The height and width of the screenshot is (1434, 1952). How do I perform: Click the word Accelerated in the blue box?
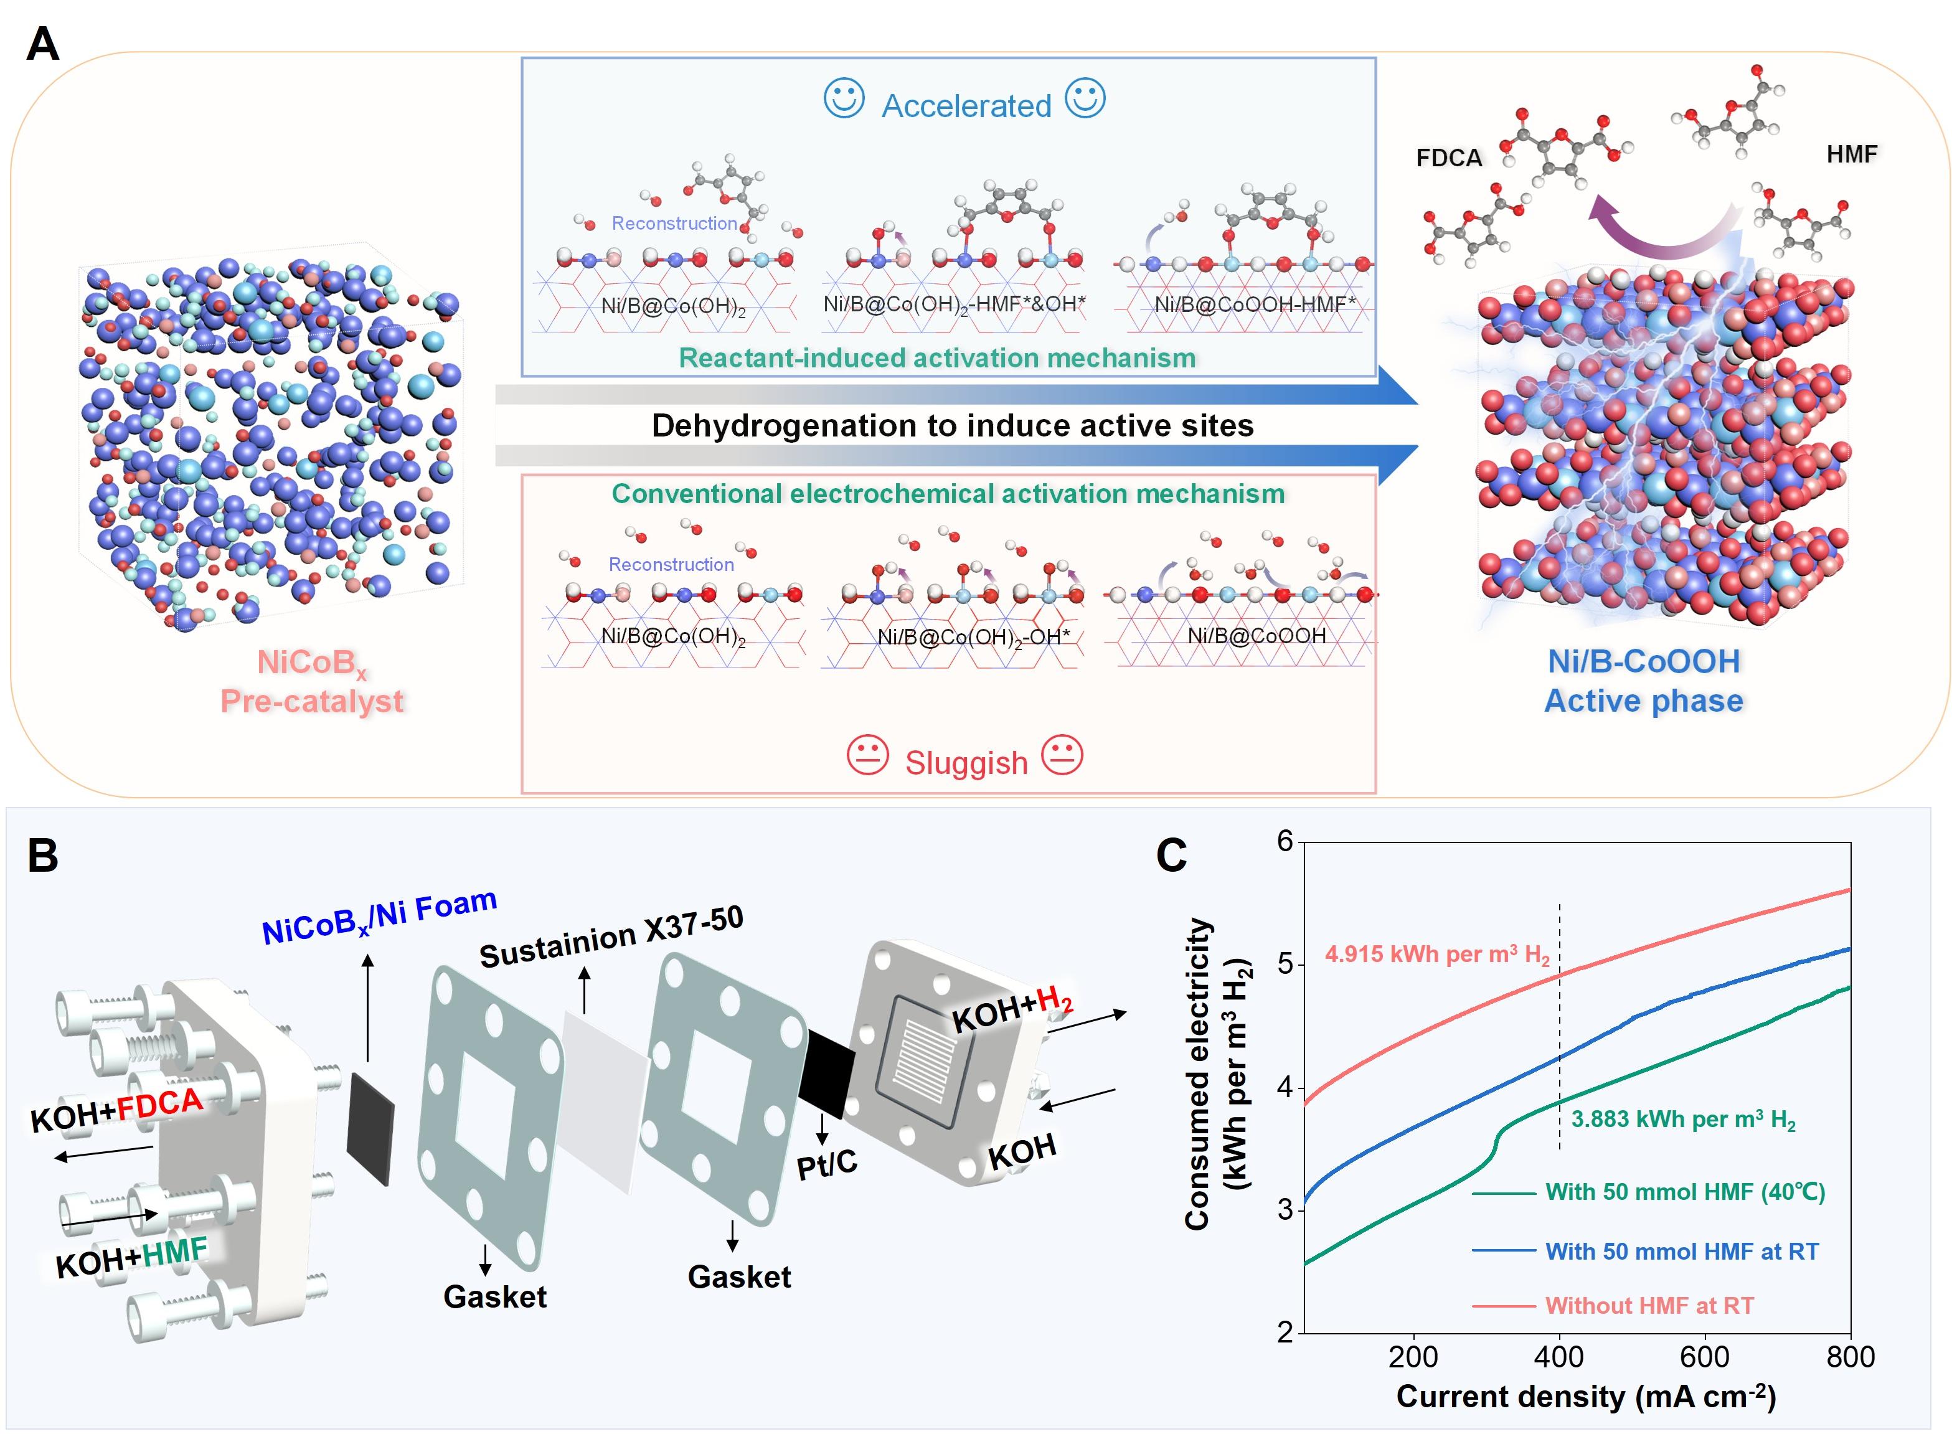[x=966, y=106]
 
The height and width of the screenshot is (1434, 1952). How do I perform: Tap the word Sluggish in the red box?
[x=966, y=763]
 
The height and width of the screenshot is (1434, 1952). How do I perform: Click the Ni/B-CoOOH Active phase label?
[x=1644, y=681]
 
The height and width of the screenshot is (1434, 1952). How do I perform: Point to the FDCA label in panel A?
[x=1449, y=158]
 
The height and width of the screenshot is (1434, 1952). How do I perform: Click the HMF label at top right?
[x=1851, y=154]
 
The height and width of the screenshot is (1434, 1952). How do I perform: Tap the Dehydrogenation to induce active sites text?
[x=952, y=425]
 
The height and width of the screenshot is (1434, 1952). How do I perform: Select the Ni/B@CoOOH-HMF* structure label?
[x=1254, y=304]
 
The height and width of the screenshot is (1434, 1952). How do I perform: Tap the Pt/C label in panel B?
[x=826, y=1164]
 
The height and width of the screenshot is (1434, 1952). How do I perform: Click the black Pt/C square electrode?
[x=826, y=1073]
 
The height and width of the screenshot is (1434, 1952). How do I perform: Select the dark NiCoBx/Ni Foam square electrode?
[x=370, y=1128]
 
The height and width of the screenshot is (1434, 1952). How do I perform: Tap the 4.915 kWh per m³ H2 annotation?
[x=1436, y=955]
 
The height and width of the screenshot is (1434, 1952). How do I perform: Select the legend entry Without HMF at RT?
[x=1649, y=1306]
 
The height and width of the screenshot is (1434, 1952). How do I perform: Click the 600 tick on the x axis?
[x=1705, y=1357]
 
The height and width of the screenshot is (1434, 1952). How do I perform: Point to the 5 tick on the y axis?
[x=1285, y=965]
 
